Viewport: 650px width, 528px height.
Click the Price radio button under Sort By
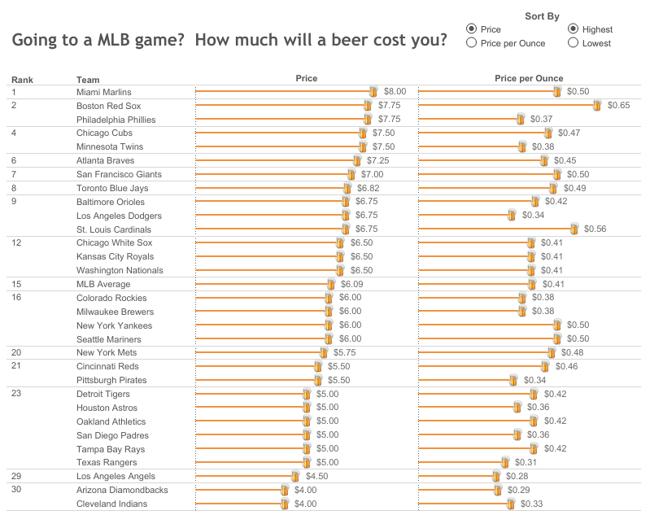click(x=471, y=29)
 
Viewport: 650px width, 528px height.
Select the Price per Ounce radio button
click(x=471, y=43)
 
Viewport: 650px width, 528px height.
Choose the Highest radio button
click(x=573, y=29)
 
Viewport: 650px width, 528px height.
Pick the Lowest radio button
click(x=573, y=43)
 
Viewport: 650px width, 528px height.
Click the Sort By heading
click(x=542, y=15)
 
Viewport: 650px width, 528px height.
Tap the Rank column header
click(x=22, y=80)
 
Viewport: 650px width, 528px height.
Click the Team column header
click(x=88, y=80)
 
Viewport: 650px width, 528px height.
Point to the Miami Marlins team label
click(x=103, y=92)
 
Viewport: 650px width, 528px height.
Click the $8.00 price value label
click(x=395, y=92)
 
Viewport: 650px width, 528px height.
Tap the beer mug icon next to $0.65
click(x=597, y=106)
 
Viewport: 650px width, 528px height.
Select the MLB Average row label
click(x=103, y=284)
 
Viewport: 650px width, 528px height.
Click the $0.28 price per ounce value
click(x=517, y=476)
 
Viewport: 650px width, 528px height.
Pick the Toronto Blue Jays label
click(x=112, y=188)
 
